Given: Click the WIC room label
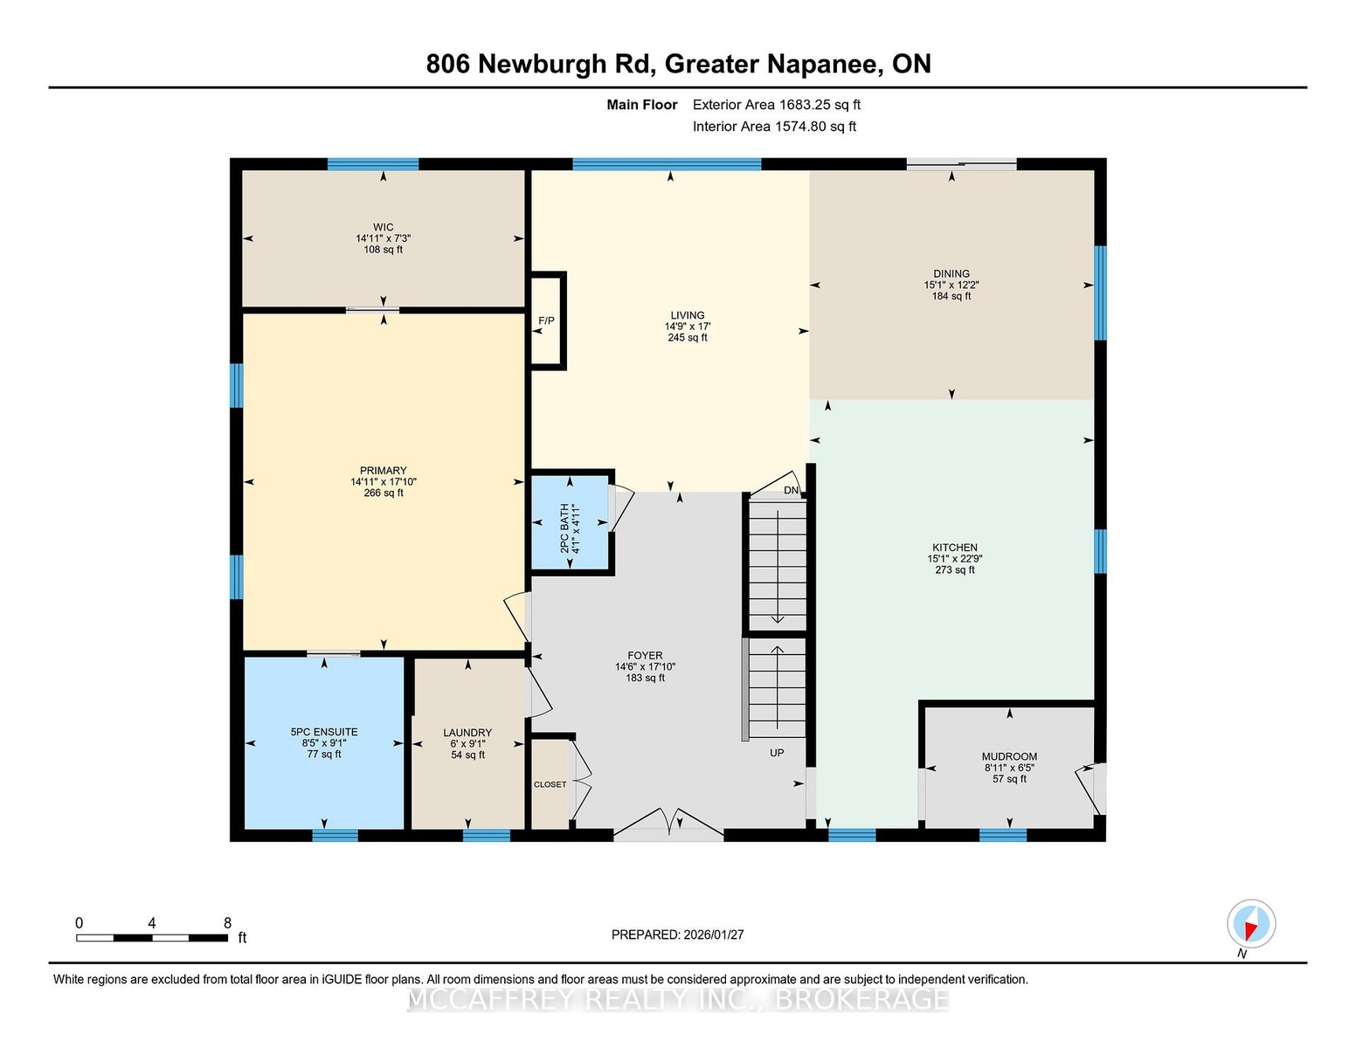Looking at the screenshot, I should pyautogui.click(x=383, y=227).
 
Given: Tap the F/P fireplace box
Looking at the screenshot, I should pyautogui.click(x=547, y=321).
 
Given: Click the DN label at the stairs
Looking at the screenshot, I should pyautogui.click(x=791, y=491).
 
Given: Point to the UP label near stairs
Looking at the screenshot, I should pyautogui.click(x=777, y=753).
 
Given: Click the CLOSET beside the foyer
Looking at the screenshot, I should pyautogui.click(x=550, y=784).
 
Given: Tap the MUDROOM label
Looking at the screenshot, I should pyautogui.click(x=1009, y=756).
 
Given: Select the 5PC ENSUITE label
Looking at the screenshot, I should pyautogui.click(x=324, y=732).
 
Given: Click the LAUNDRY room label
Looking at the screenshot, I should pyautogui.click(x=467, y=733).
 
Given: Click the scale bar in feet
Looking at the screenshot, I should pyautogui.click(x=152, y=938).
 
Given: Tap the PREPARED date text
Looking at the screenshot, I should pyautogui.click(x=677, y=934).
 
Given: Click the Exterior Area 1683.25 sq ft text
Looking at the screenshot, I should pyautogui.click(x=776, y=105).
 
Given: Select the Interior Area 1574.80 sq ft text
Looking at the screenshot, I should pyautogui.click(x=774, y=127).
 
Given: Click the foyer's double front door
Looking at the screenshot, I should pyautogui.click(x=669, y=825).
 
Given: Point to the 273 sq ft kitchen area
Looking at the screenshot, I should pyautogui.click(x=954, y=570).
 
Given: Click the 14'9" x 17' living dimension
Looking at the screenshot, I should pyautogui.click(x=688, y=327).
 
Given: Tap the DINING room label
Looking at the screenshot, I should pyautogui.click(x=951, y=273).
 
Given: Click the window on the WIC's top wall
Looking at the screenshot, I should pyautogui.click(x=373, y=164).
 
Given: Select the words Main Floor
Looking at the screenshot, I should pyautogui.click(x=642, y=105).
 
